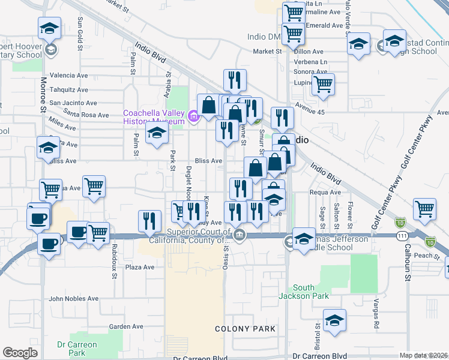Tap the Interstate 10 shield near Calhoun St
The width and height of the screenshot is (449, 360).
point(430,241)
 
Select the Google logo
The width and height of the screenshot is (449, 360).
point(20,352)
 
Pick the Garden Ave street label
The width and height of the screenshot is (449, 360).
point(126,326)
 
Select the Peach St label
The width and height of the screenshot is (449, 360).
point(423,256)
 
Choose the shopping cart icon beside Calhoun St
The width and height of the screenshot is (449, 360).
point(425,209)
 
